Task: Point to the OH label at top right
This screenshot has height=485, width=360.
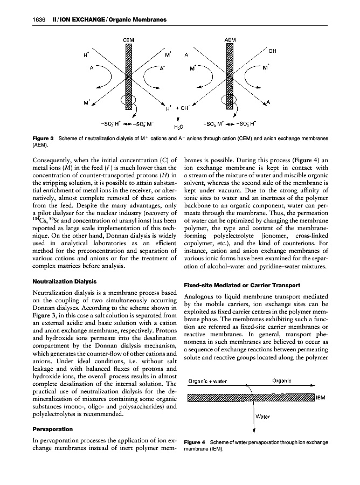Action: (272, 52)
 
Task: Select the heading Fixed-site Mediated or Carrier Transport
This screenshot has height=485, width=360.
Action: (246, 285)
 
